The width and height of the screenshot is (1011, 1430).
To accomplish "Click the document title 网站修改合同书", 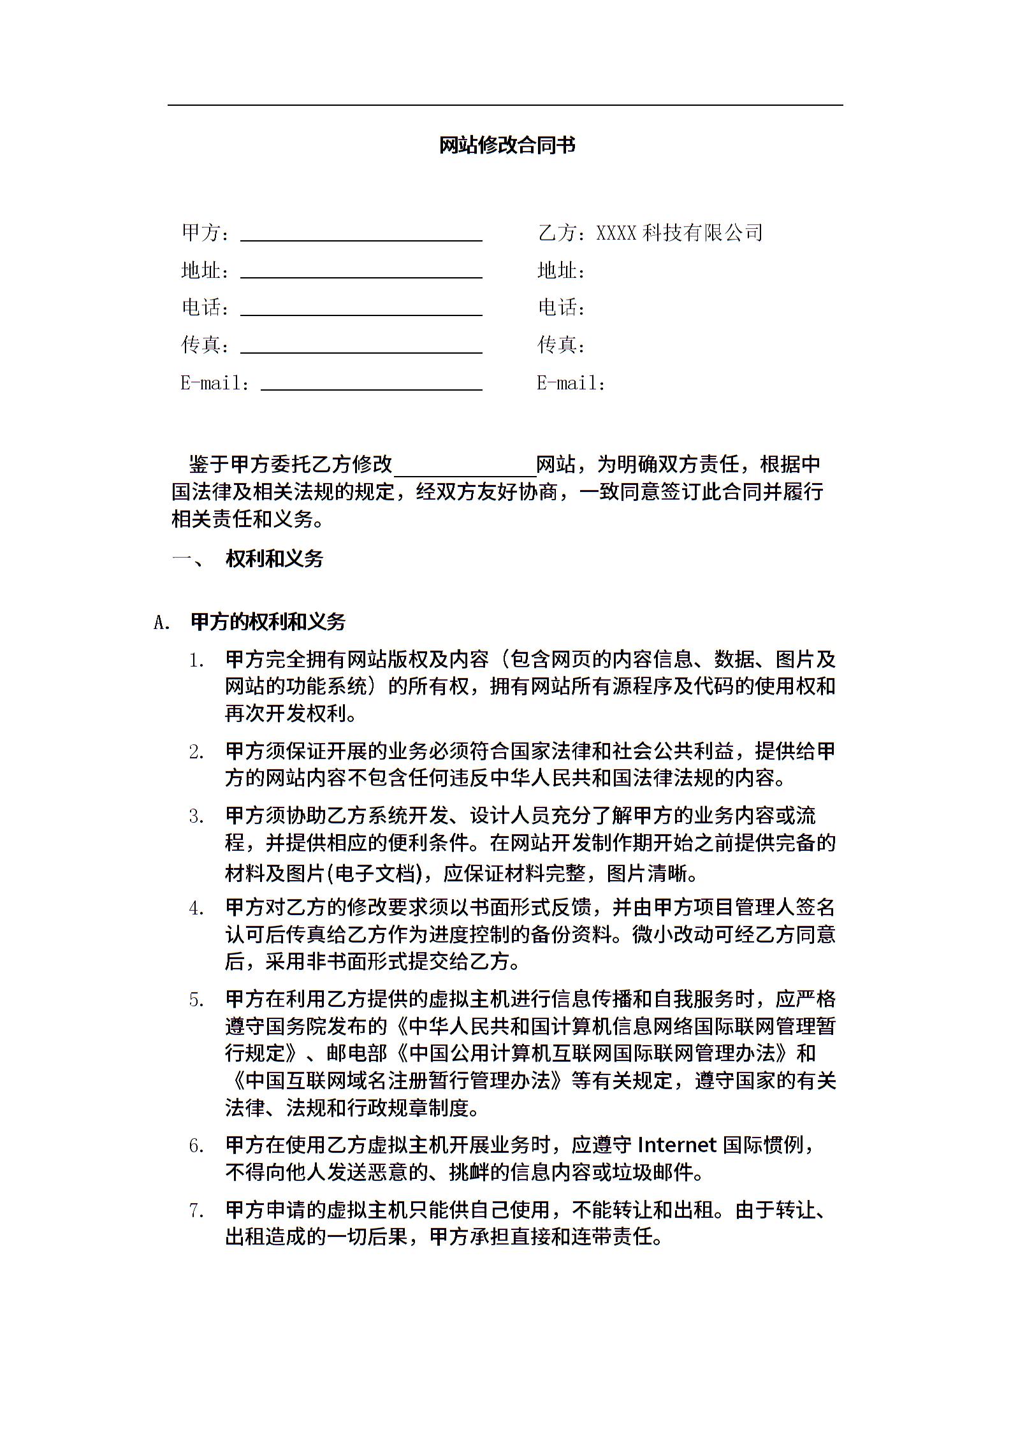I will coord(507,145).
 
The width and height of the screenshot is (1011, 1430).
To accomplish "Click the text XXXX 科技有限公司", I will coord(679,233).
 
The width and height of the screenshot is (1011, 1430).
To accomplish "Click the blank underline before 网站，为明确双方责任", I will coord(465,472).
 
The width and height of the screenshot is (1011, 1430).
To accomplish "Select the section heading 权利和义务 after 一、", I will coord(275,559).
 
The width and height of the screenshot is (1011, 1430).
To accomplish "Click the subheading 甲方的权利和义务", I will coord(268,622).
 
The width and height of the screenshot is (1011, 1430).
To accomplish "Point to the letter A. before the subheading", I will coord(163,623).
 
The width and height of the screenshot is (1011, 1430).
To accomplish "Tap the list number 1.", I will coord(197,661).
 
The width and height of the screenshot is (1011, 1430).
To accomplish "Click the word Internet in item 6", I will coord(677,1145).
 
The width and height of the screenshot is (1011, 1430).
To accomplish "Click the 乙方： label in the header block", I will coord(563,233).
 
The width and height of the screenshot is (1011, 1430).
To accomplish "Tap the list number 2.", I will coord(197,753).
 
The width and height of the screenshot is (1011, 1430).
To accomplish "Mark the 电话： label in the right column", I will coord(562,308).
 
